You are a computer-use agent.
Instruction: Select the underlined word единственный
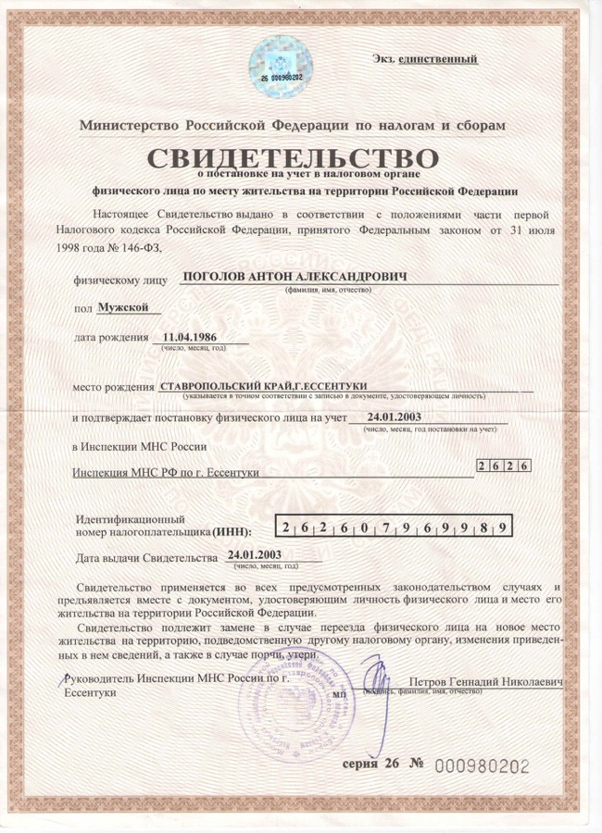coord(438,59)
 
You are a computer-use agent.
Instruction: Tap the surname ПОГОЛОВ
coord(215,277)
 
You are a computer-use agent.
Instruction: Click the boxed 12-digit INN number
coord(395,528)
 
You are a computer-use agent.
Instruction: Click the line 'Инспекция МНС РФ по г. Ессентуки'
coord(166,472)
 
